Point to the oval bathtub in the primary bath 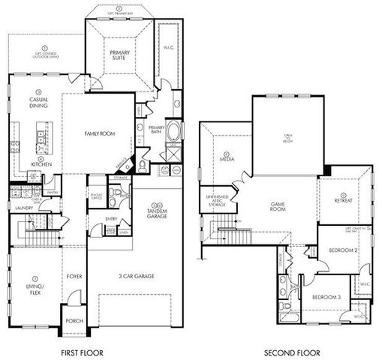click(x=173, y=133)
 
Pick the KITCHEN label click(x=41, y=163)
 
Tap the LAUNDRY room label click(x=23, y=206)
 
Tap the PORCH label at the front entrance click(x=74, y=320)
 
